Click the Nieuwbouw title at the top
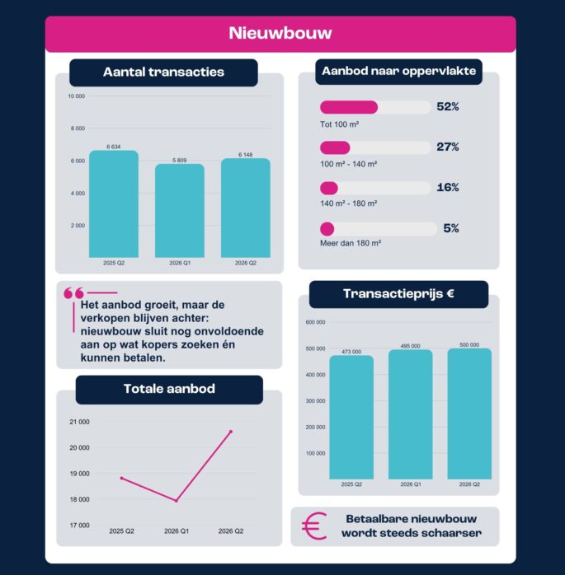click(280, 33)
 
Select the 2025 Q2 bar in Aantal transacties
click(114, 204)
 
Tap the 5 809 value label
click(180, 161)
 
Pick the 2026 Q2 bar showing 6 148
click(246, 208)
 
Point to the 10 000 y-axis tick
click(77, 96)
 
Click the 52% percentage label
click(448, 107)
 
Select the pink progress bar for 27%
click(335, 147)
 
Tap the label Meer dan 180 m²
click(351, 243)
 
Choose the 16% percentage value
click(448, 187)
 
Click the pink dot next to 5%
click(327, 229)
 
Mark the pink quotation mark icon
click(73, 293)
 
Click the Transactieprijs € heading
click(398, 294)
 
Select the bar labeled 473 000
click(351, 417)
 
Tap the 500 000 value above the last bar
click(469, 344)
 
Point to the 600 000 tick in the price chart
click(315, 322)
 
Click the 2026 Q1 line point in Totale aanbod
click(177, 501)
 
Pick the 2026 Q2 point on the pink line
click(231, 432)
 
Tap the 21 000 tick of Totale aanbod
click(79, 422)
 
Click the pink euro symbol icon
click(314, 526)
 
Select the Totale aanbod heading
click(169, 389)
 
